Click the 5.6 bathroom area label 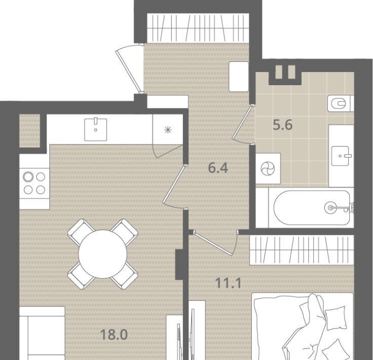coord(283,125)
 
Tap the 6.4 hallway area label coord(218,167)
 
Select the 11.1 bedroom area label coord(228,283)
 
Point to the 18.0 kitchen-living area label coord(114,335)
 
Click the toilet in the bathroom coord(341,103)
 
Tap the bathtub coord(312,207)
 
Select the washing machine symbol coord(268,168)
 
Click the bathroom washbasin coord(341,156)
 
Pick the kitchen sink coord(96,130)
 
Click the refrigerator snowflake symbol coord(168,130)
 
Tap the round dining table coord(103,254)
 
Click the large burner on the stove coord(28,177)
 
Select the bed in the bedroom coord(303,327)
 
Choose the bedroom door coord(215,243)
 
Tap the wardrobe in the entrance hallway coord(198,28)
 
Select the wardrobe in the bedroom coord(302,250)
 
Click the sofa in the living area coord(42,333)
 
